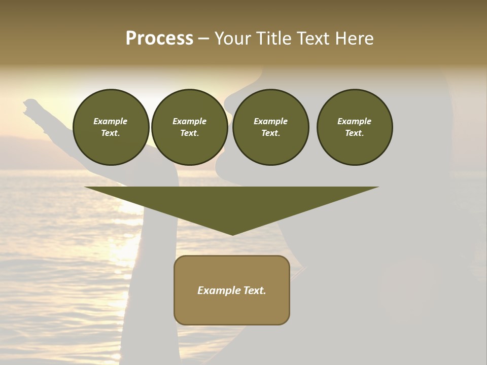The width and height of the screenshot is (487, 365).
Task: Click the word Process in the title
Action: [159, 39]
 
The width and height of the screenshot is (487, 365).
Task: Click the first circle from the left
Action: [111, 127]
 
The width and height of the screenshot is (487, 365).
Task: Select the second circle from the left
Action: [189, 127]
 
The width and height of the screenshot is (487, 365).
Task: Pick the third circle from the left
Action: [270, 127]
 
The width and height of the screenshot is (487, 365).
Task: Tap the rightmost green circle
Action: [355, 127]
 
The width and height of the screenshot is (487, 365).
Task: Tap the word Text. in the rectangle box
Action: [255, 290]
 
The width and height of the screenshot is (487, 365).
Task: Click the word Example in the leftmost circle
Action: [111, 121]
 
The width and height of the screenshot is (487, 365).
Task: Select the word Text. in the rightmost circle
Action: [355, 133]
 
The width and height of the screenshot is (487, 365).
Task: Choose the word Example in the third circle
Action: [270, 121]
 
